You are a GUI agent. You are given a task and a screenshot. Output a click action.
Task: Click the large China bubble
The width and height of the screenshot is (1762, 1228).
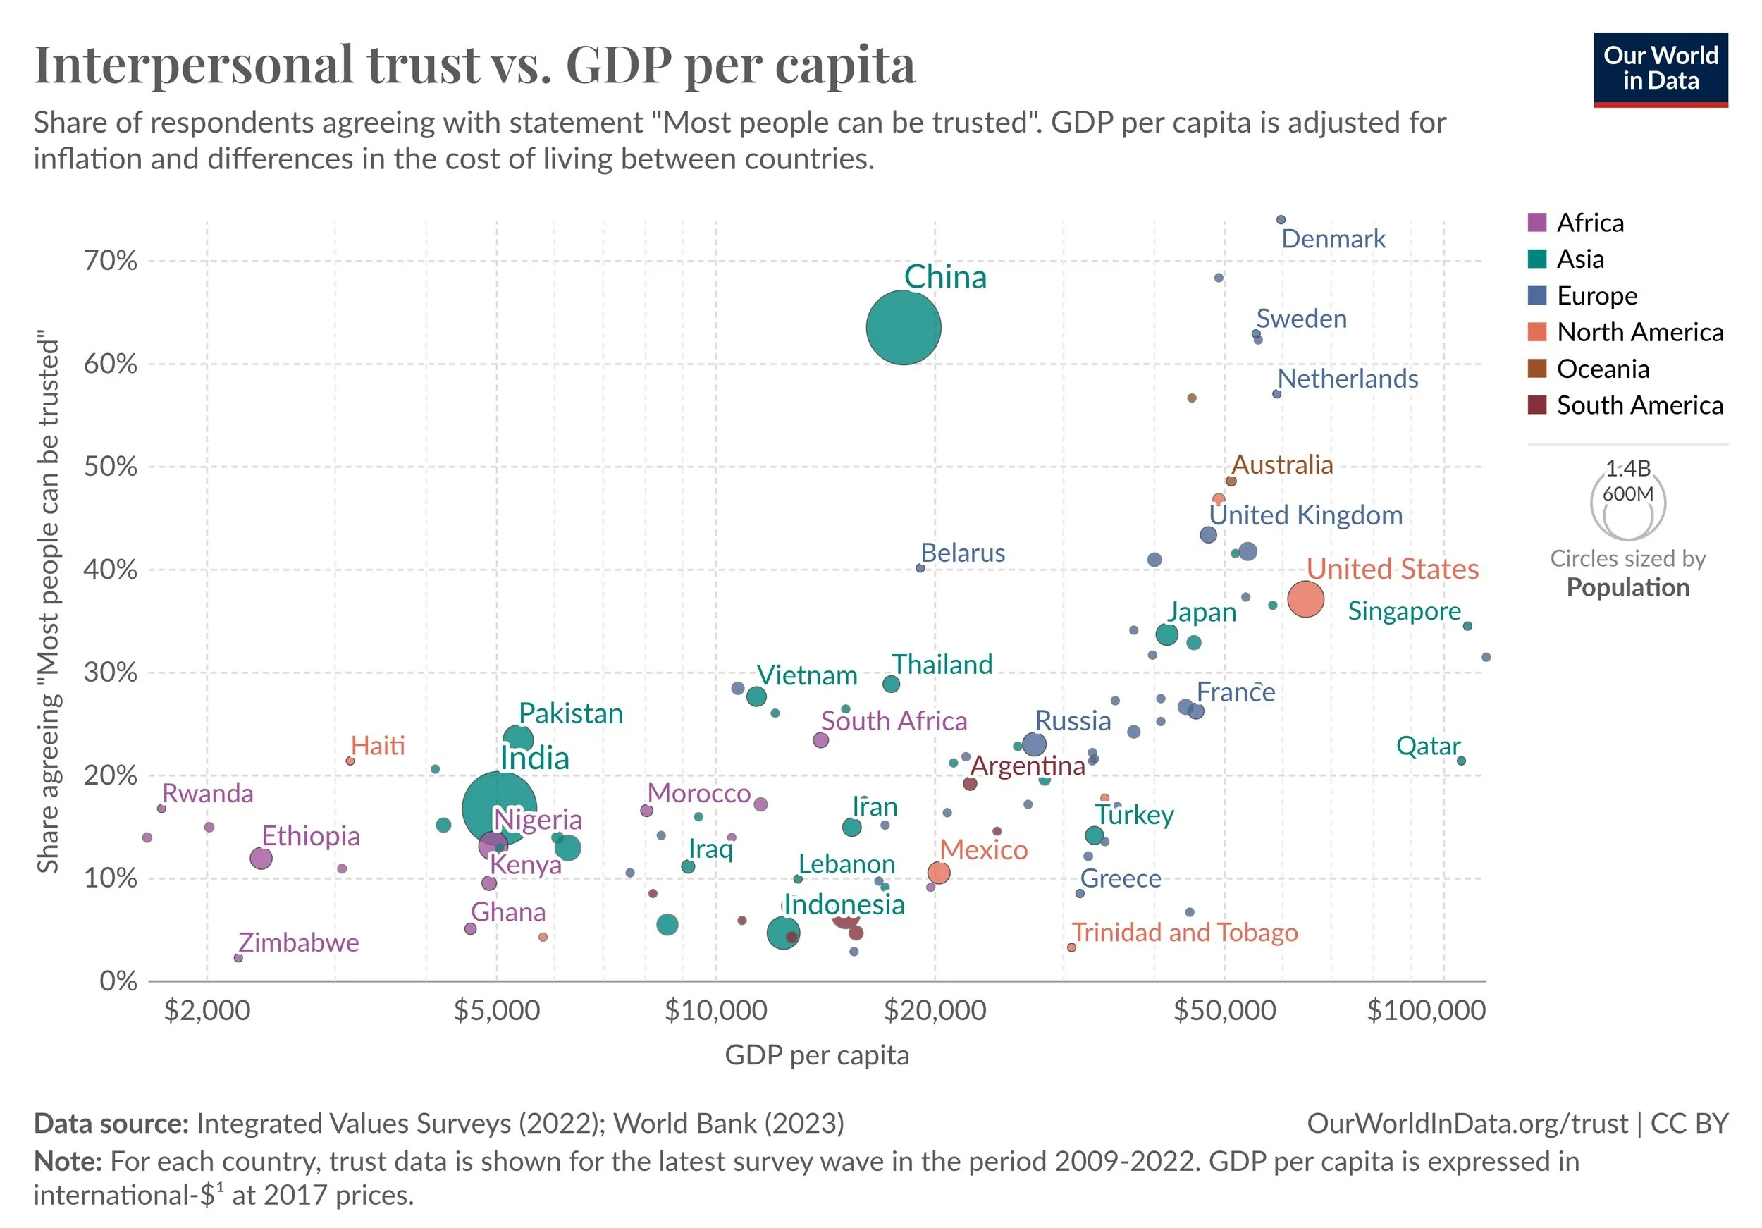click(904, 328)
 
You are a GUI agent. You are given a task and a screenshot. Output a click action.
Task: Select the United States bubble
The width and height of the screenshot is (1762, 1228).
click(1305, 598)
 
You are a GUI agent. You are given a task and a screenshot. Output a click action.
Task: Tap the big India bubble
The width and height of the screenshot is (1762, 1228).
click(499, 808)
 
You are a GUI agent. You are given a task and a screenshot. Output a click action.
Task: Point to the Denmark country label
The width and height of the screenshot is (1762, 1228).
click(1333, 240)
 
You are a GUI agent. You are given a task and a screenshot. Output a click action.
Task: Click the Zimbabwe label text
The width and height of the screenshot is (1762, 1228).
click(299, 943)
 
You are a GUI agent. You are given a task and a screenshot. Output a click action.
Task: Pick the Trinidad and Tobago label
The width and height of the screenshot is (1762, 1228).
click(1185, 933)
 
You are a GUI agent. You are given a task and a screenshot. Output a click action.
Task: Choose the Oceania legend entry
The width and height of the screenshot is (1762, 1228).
click(1603, 369)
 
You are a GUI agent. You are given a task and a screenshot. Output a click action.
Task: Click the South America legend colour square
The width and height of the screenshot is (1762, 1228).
click(1537, 405)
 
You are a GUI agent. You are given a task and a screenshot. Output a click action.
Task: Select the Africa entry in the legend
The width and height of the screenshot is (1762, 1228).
click(1589, 223)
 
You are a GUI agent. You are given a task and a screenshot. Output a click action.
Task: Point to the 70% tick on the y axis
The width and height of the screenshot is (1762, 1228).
click(111, 261)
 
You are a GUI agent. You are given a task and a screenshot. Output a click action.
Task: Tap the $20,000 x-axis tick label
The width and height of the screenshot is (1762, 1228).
click(935, 1010)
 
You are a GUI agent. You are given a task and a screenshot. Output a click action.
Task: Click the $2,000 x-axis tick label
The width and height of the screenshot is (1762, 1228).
click(207, 1010)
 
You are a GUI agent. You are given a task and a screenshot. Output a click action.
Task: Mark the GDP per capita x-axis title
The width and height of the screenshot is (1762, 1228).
click(817, 1055)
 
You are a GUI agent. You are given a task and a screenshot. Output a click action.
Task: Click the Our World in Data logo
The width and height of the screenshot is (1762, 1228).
click(1661, 70)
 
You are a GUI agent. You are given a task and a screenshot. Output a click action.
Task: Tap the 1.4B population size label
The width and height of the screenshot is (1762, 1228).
click(1627, 468)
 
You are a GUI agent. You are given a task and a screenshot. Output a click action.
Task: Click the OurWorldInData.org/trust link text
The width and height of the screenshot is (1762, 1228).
click(1467, 1124)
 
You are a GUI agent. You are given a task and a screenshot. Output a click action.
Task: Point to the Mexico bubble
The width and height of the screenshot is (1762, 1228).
click(939, 873)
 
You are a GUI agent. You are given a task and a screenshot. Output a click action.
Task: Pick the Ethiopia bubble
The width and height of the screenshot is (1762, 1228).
click(261, 858)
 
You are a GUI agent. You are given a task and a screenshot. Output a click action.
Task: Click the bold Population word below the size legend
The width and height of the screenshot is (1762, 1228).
click(1627, 588)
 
